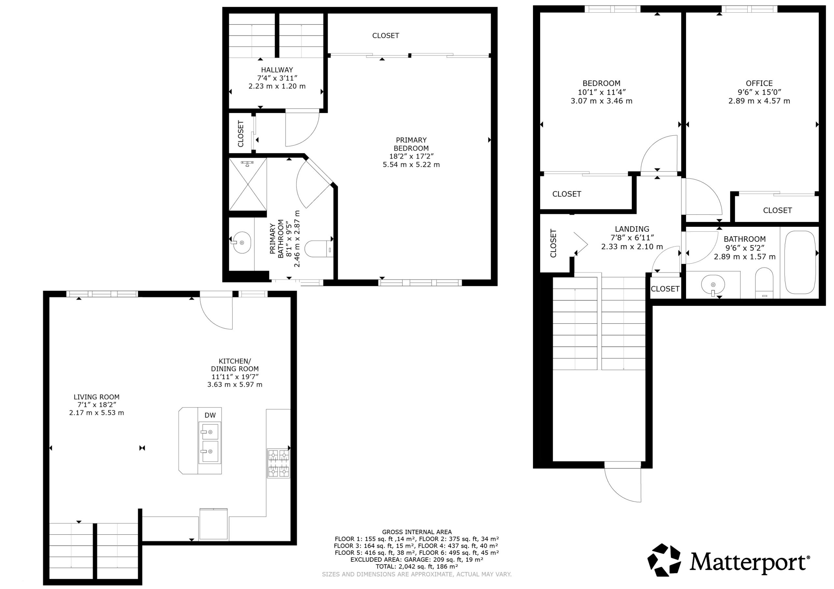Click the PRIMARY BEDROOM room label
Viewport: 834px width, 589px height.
411,144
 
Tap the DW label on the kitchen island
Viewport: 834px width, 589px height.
210,415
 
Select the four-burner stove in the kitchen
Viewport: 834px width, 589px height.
279,463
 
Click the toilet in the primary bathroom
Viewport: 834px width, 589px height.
319,249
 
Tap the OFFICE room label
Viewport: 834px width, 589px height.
759,83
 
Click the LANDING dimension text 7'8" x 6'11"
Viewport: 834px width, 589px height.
632,238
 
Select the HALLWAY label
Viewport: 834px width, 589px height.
277,70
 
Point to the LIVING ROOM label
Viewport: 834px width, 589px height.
97,397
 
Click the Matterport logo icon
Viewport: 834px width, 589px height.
664,560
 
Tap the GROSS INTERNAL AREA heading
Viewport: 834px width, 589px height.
417,532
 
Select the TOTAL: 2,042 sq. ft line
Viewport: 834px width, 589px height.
417,567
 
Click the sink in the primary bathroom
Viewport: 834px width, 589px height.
241,242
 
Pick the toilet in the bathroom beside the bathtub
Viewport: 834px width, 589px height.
764,283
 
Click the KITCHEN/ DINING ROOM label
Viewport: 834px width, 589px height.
235,365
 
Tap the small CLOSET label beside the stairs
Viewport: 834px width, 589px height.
665,289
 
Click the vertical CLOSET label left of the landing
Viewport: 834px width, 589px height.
553,243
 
